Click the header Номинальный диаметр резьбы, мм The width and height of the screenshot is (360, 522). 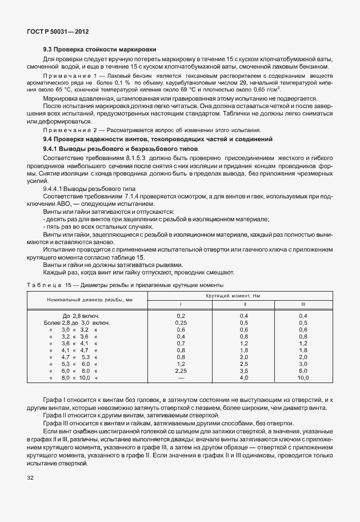tap(90, 300)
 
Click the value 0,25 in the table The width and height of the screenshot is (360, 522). tap(181, 322)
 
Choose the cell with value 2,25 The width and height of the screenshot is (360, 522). tap(181, 370)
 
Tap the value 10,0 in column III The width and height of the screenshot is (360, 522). tap(303, 378)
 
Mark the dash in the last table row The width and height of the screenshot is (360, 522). tap(181, 378)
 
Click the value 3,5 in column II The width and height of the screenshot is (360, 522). tap(244, 370)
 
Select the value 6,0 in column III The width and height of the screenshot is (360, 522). tap(303, 370)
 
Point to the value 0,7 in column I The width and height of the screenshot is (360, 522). tap(181, 343)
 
